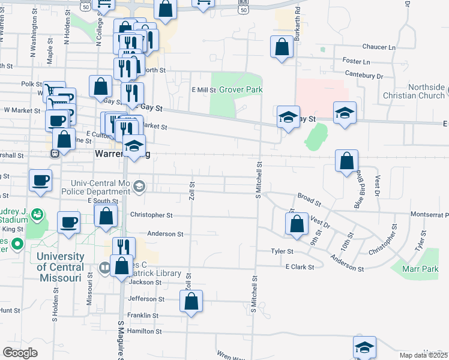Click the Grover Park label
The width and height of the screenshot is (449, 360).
[x=241, y=89]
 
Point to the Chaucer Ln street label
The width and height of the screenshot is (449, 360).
[x=379, y=47]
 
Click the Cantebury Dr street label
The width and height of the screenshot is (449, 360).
[x=364, y=76]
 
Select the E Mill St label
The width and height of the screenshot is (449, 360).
[x=203, y=89]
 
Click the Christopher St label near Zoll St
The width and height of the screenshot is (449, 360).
[x=151, y=215]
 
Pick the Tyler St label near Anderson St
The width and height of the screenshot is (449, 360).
[x=282, y=251]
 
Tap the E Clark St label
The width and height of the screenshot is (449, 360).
[x=300, y=266]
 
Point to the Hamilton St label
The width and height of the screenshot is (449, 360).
[x=142, y=331]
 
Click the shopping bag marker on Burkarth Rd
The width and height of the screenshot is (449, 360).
[x=282, y=47]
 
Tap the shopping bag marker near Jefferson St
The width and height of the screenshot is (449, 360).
[x=191, y=301]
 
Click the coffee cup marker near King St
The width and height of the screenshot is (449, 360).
[x=68, y=222]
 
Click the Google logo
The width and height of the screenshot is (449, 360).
[x=20, y=353]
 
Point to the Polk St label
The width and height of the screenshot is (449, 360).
[x=31, y=85]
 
